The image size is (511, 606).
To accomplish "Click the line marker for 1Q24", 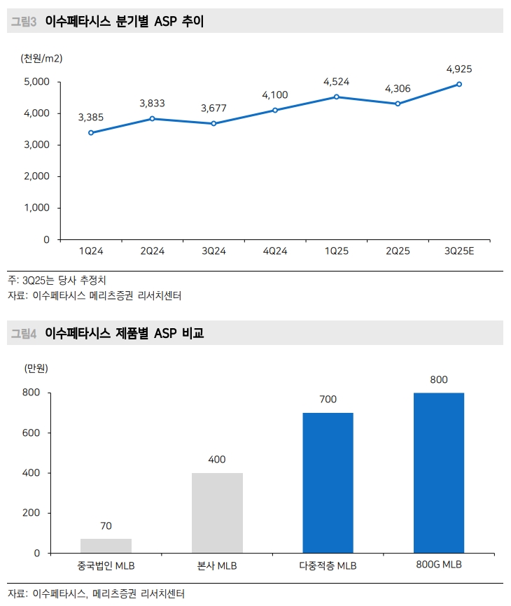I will (91, 132).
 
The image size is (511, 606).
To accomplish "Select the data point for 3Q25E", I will (459, 84).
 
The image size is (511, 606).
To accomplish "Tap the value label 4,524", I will (336, 82).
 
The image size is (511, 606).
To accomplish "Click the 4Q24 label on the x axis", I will (274, 251).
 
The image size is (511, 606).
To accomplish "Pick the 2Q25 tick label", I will (398, 251).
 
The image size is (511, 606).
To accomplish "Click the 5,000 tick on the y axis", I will (36, 82).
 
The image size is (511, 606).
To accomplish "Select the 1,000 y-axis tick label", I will (36, 208).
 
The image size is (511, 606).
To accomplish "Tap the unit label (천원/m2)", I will (42, 59).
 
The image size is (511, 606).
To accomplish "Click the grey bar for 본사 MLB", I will (217, 513).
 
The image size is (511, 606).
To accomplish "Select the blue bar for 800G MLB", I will (439, 473).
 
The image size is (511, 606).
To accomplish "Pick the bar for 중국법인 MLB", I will (106, 546).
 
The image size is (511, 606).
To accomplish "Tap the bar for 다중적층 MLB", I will (328, 483).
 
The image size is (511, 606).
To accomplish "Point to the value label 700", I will (328, 400).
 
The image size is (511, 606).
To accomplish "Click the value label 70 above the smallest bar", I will (106, 526).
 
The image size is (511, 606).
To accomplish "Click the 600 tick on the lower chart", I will (32, 433).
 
